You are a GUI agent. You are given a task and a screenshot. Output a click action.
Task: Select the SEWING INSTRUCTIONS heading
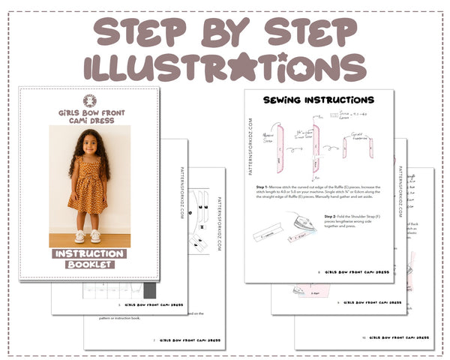click(319, 100)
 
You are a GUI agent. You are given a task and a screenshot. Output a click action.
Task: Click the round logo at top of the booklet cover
click(89, 100)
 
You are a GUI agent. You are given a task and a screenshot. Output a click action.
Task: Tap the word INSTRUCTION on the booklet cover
click(89, 254)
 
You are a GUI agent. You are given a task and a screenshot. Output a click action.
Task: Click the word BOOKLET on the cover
click(89, 265)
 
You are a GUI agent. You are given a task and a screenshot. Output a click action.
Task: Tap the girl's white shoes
click(87, 236)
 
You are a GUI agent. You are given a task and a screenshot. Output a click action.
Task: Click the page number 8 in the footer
click(319, 273)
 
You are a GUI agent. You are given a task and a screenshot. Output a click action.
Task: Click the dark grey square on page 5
click(149, 290)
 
